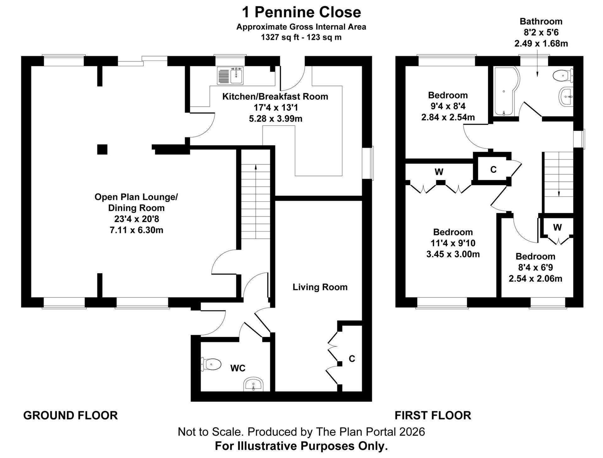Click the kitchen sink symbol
click(230, 76)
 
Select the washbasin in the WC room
click(253, 385)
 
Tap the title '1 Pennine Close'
click(301, 13)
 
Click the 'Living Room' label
click(320, 287)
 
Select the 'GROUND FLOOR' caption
click(70, 415)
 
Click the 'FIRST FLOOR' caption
click(433, 415)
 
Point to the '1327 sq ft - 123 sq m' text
click(301, 37)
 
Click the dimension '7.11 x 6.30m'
click(136, 230)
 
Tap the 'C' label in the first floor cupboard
click(493, 170)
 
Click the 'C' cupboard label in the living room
click(352, 359)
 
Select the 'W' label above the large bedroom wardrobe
click(439, 172)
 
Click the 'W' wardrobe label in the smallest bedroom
click(557, 227)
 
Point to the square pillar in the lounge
click(102, 149)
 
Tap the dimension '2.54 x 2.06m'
click(535, 278)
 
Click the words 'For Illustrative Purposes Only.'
click(301, 446)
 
